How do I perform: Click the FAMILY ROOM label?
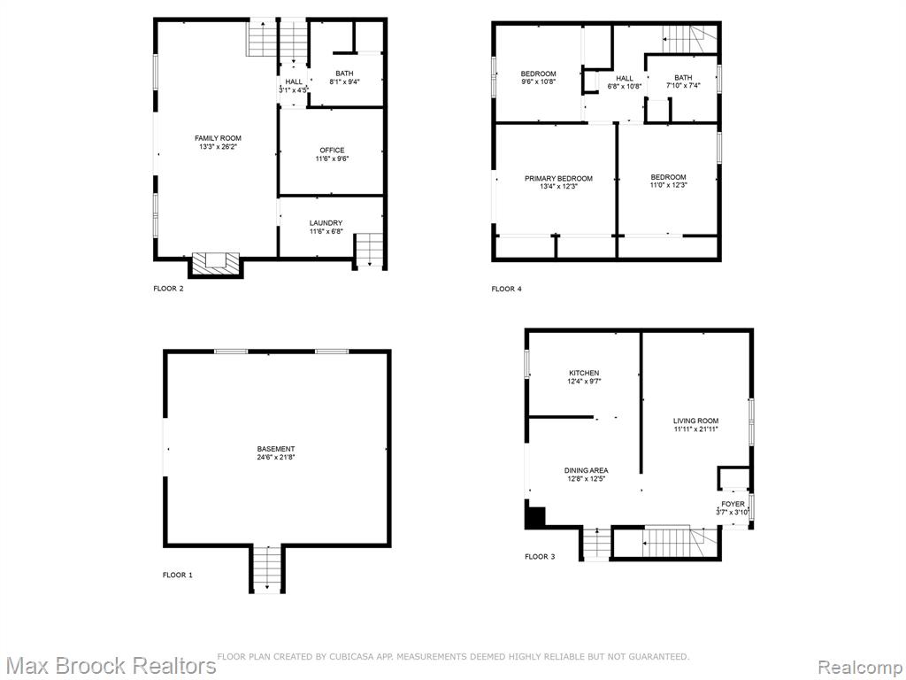point(218,138)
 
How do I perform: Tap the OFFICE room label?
point(332,151)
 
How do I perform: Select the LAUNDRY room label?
point(326,223)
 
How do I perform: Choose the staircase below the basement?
point(267,569)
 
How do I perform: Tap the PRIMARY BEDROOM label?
point(558,179)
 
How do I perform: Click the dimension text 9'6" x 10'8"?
point(538,81)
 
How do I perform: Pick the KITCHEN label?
point(584,373)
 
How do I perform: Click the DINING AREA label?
point(586,471)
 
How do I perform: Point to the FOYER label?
point(733,504)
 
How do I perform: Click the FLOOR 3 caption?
point(540,557)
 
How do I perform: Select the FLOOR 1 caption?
point(177,575)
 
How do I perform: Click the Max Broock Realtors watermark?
point(110,665)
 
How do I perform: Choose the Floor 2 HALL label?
point(294,81)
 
